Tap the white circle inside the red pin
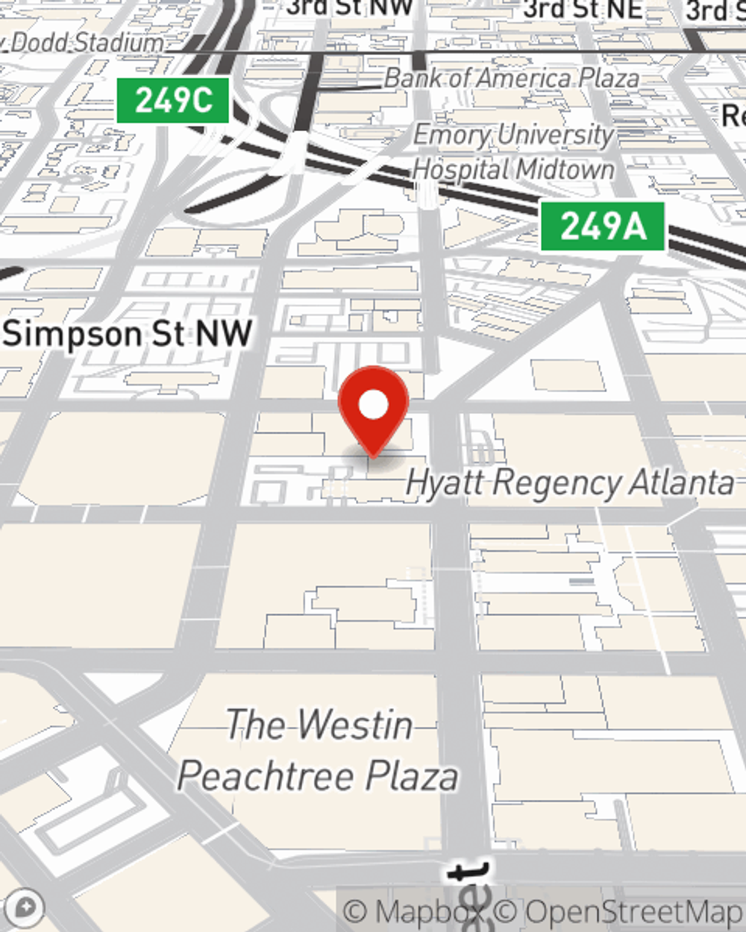(x=373, y=406)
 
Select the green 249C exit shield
(x=173, y=100)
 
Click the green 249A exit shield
(x=603, y=226)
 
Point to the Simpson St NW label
(x=128, y=334)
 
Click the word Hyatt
(x=445, y=483)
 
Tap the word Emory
(x=450, y=136)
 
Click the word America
(x=522, y=78)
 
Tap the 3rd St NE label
(x=583, y=9)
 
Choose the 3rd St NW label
(x=350, y=7)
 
